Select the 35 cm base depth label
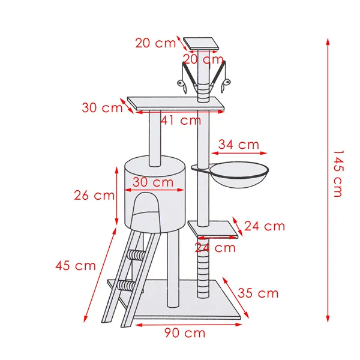pyautogui.click(x=258, y=293)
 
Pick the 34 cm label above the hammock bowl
pyautogui.click(x=239, y=145)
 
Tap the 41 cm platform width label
pyautogui.click(x=181, y=120)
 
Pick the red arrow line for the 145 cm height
pyautogui.click(x=328, y=180)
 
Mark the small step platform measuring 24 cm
pyautogui.click(x=212, y=229)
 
